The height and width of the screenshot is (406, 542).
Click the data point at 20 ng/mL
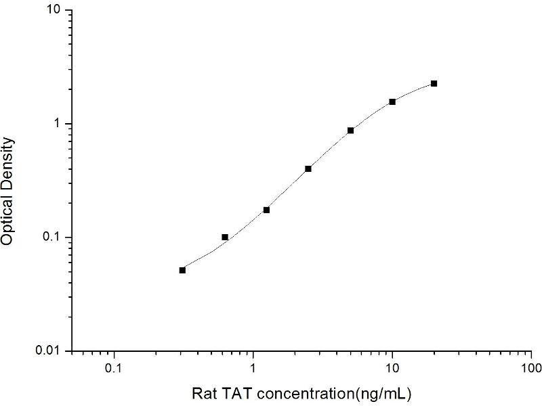pyautogui.click(x=434, y=83)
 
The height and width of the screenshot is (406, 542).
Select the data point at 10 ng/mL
pyautogui.click(x=392, y=101)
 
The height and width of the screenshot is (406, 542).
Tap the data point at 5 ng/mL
pyautogui.click(x=350, y=130)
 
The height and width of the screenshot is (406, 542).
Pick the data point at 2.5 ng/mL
pyautogui.click(x=308, y=168)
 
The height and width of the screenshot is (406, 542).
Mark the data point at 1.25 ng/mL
pyautogui.click(x=266, y=210)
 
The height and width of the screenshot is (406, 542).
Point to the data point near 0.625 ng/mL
pyautogui.click(x=225, y=237)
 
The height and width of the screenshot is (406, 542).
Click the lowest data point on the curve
pyautogui.click(x=182, y=270)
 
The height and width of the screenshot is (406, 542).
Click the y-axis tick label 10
pyautogui.click(x=55, y=11)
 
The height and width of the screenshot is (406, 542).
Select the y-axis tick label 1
pyautogui.click(x=58, y=124)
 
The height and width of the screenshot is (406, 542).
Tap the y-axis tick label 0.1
pyautogui.click(x=52, y=238)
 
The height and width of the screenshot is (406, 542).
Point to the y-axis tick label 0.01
pyautogui.click(x=49, y=351)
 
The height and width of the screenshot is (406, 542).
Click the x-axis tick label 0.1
pyautogui.click(x=114, y=369)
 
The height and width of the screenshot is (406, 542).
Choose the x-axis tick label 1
pyautogui.click(x=253, y=369)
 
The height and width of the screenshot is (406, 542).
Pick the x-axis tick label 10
pyautogui.click(x=392, y=369)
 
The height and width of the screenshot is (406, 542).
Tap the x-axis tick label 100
pyautogui.click(x=530, y=369)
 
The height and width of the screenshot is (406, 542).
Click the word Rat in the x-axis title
pyautogui.click(x=203, y=393)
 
